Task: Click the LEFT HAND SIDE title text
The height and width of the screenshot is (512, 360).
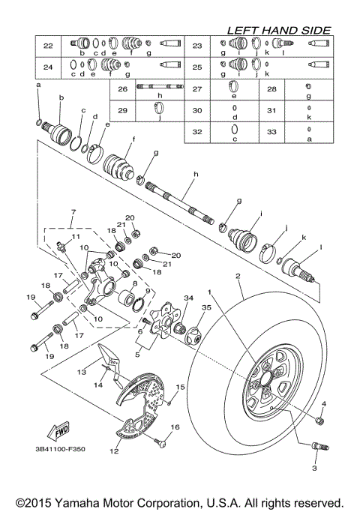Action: pos(279,30)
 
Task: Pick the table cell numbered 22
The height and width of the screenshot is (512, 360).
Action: pos(48,46)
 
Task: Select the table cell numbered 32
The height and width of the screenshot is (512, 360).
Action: pos(197,130)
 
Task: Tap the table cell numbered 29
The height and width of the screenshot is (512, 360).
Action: pos(123,110)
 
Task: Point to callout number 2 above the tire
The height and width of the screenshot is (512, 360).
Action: pos(238,277)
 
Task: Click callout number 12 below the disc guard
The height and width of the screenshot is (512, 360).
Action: pos(115,451)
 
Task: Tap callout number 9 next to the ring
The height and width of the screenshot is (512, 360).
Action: pos(147,290)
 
